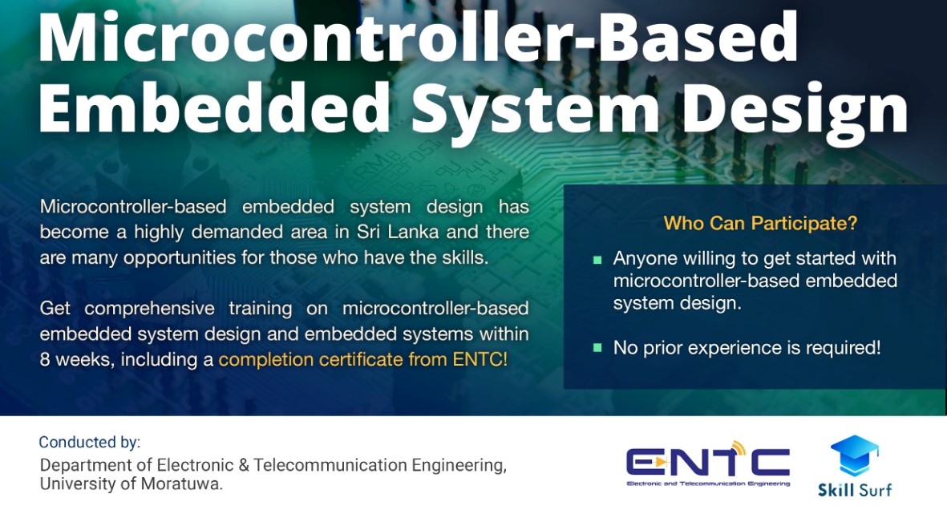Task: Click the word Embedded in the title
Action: [214, 106]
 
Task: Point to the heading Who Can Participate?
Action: [760, 224]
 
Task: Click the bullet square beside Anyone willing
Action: [597, 261]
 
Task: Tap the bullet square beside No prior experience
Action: [597, 348]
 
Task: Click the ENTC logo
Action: [708, 463]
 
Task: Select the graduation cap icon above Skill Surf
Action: [855, 455]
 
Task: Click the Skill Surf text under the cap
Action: [855, 488]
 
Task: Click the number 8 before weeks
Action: [45, 360]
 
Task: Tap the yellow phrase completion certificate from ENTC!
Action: [363, 360]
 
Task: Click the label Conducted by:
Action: [89, 442]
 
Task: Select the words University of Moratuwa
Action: [131, 484]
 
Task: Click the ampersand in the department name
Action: [244, 465]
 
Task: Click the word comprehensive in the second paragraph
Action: [149, 310]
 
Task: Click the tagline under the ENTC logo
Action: [708, 484]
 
